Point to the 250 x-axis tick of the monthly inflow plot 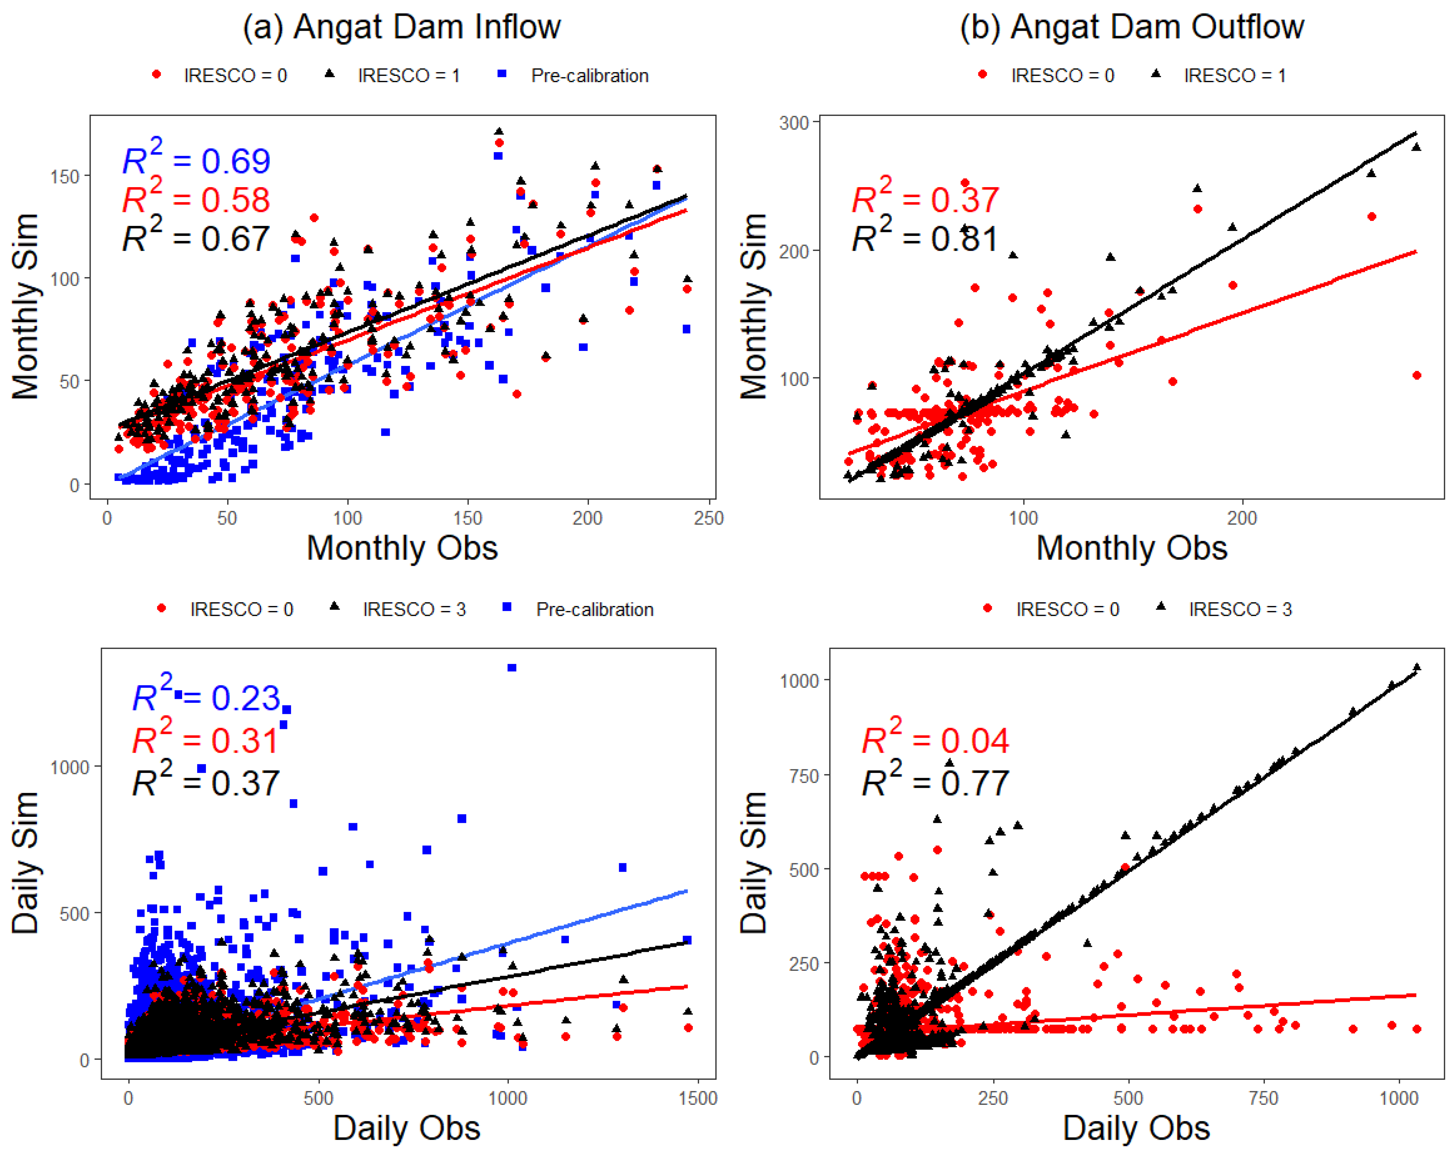point(709,518)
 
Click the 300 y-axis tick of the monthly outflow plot point(794,123)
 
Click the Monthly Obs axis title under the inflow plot point(402,548)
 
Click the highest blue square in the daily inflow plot point(512,668)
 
